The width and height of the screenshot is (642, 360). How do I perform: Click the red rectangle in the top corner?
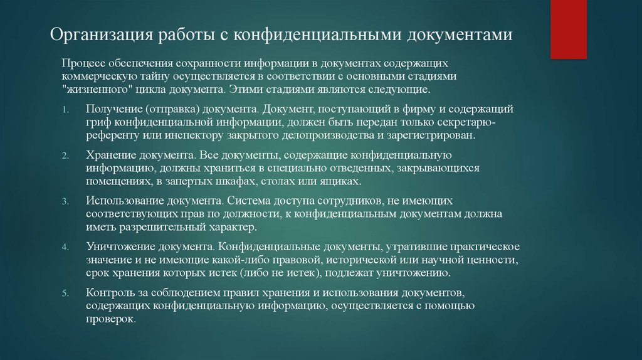pos(568,29)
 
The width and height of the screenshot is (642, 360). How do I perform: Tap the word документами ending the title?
pos(460,34)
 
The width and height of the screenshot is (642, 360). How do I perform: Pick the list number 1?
pos(65,110)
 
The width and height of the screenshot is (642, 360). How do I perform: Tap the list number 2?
pos(65,156)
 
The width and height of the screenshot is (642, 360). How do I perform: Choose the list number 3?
pos(65,201)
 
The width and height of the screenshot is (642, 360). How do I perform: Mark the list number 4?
pos(65,247)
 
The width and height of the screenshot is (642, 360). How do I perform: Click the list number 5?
pos(65,294)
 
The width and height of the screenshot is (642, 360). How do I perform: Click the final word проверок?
pos(111,319)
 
